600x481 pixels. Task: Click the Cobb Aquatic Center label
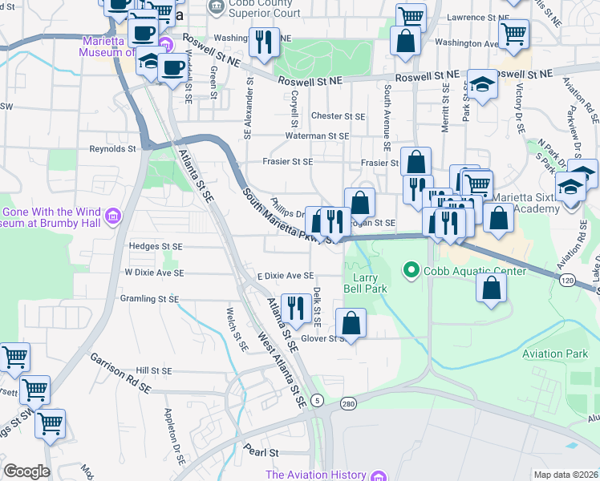476,271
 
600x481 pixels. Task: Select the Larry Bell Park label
366,283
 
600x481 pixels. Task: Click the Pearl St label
261,451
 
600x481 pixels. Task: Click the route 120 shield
567,280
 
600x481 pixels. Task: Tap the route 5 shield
318,400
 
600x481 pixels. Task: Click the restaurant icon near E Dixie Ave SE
296,309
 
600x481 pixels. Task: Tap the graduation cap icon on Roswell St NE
482,86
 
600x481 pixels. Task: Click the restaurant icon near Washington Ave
264,42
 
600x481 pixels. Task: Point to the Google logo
26,471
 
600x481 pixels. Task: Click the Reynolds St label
112,148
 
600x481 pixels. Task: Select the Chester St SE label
338,116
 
